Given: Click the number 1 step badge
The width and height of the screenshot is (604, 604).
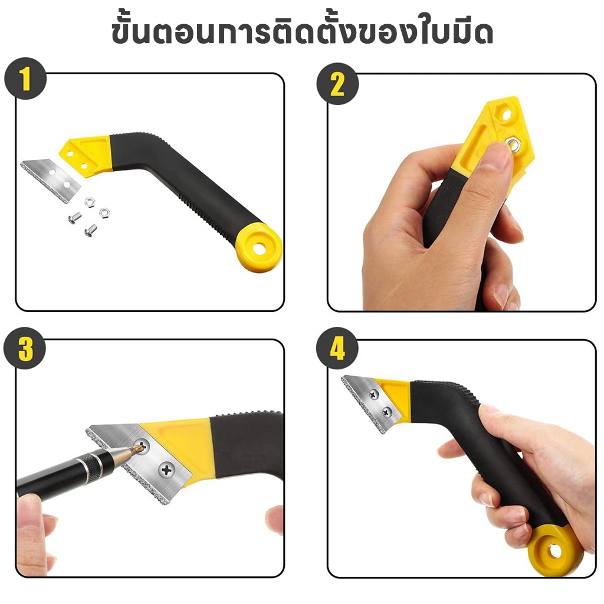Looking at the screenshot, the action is point(25,78).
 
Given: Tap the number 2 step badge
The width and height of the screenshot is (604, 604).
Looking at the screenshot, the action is point(337,84).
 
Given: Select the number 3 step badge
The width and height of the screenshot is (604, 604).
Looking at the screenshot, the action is point(25,349).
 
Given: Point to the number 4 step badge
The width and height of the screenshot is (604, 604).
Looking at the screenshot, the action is point(337,349).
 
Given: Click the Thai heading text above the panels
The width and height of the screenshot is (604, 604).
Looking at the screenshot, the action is point(303,33).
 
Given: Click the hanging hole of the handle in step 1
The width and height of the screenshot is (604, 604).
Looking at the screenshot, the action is point(260,248).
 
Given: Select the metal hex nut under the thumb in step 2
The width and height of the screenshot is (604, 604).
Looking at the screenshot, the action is point(514,144).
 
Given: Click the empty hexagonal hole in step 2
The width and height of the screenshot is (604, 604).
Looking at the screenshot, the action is point(505,114).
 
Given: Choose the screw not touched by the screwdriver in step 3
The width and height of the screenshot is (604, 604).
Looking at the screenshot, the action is point(166,470).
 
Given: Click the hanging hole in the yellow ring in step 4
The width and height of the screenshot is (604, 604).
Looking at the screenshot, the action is point(553,552).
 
